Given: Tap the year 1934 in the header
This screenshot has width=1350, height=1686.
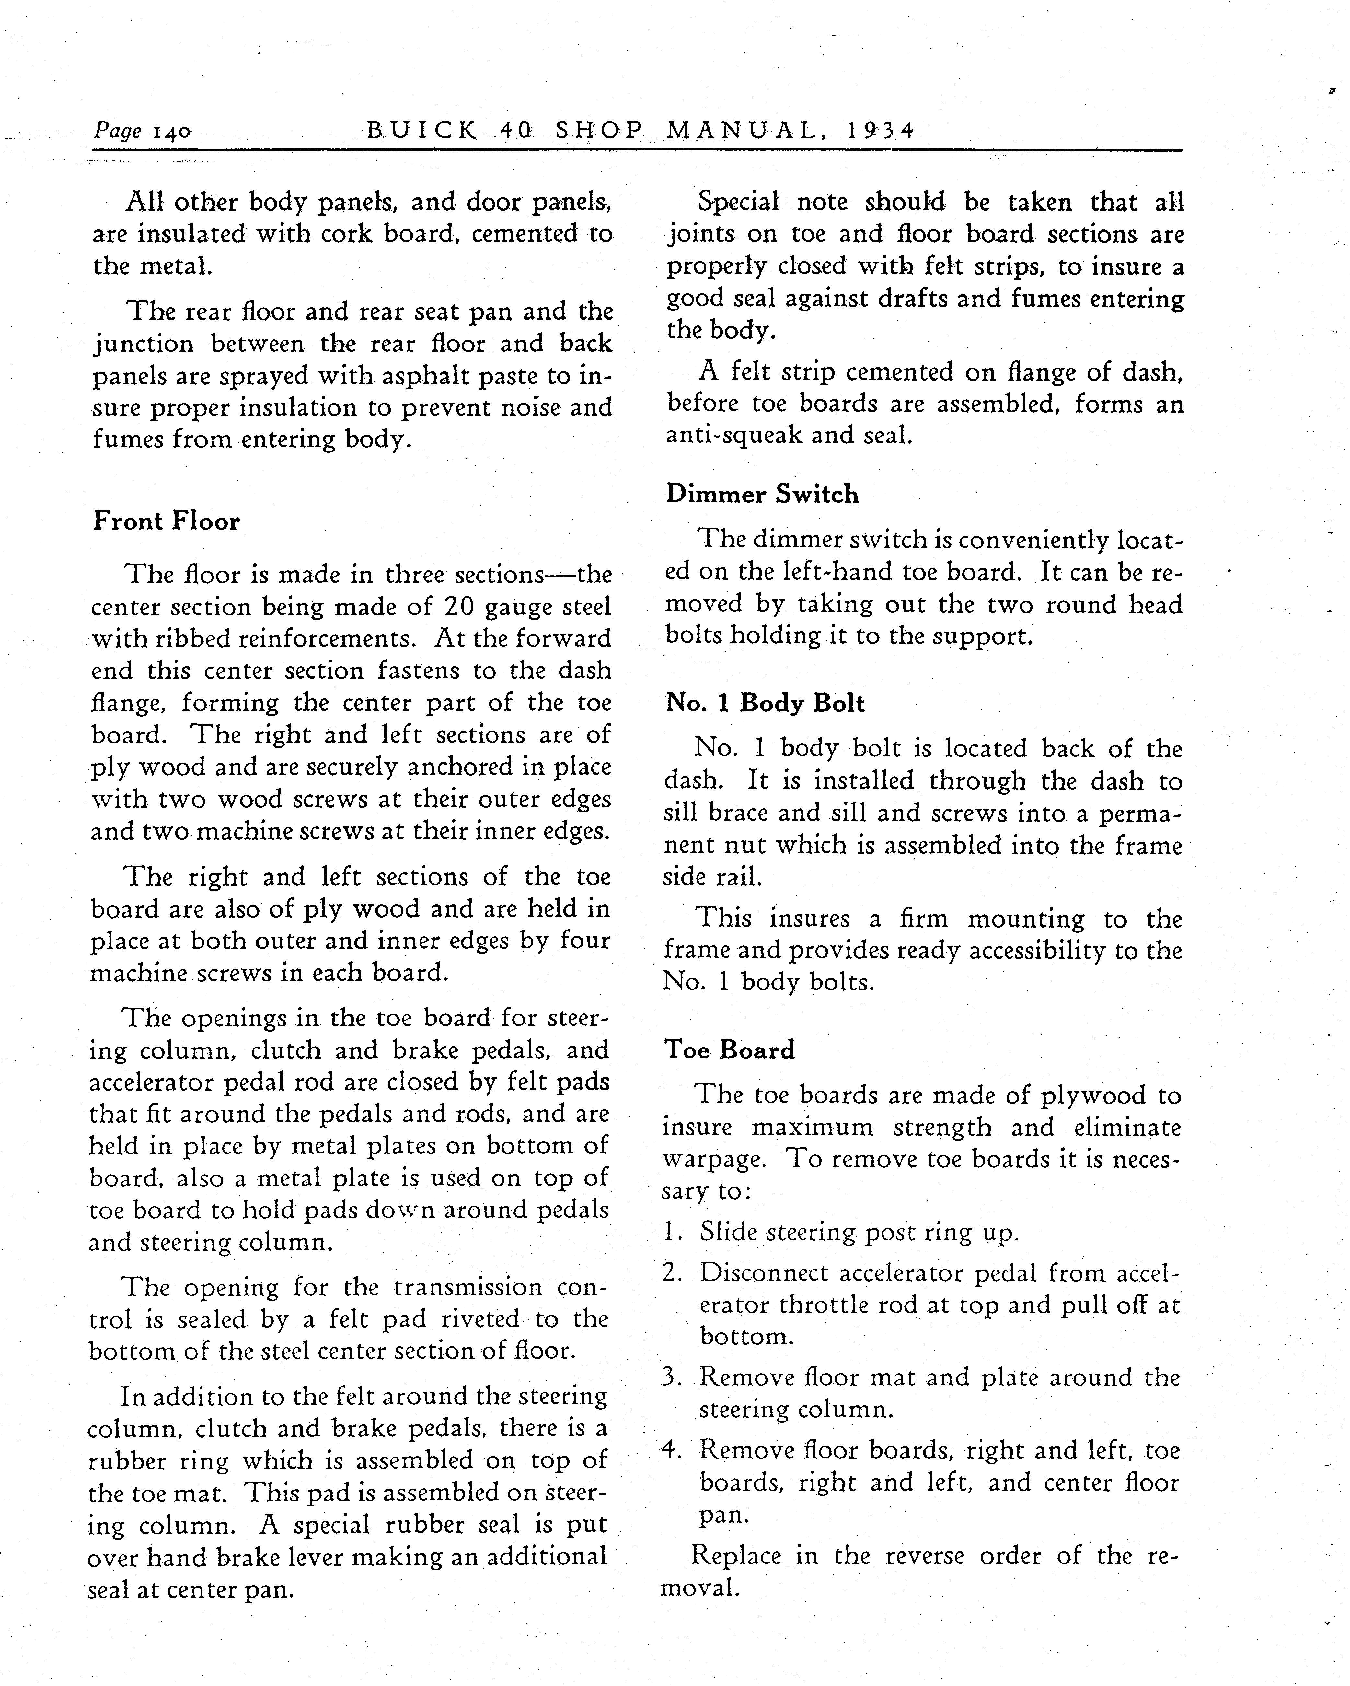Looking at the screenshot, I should tap(881, 130).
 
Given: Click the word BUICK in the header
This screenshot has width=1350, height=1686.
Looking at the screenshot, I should tap(422, 130).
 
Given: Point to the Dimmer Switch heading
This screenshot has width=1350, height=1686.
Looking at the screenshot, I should tap(762, 494).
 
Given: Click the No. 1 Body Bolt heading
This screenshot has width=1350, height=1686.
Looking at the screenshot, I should tap(765, 703).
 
